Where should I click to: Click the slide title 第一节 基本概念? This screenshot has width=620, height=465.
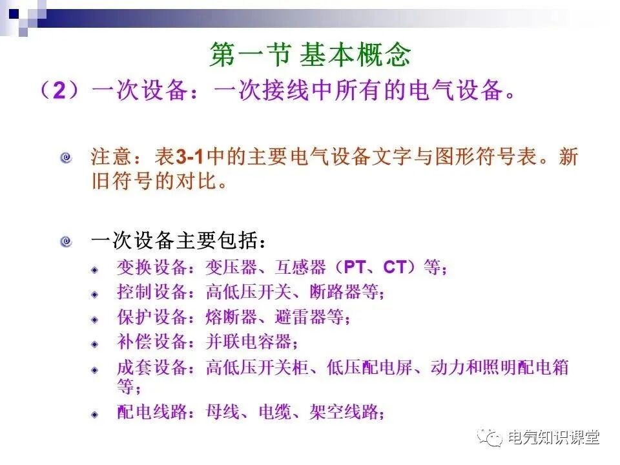(310, 56)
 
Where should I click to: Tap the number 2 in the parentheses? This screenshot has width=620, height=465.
(59, 91)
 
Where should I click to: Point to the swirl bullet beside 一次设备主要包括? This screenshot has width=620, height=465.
(66, 242)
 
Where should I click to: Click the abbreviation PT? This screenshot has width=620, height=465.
(355, 267)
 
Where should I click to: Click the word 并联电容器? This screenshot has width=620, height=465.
(249, 342)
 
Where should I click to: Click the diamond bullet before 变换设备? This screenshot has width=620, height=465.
(95, 269)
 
